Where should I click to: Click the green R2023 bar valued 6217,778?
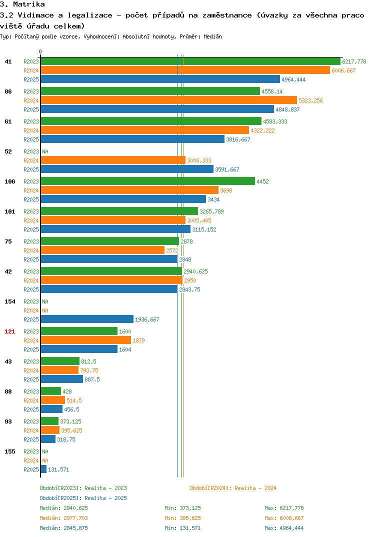[191, 61]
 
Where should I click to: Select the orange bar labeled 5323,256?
[169, 100]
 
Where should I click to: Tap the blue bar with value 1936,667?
[87, 319]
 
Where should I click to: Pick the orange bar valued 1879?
[86, 340]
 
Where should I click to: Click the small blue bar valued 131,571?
[44, 469]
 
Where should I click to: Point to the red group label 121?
[10, 331]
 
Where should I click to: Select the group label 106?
[10, 181]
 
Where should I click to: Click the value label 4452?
[262, 181]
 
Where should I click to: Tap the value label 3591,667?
[227, 169]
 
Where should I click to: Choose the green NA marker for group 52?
[45, 151]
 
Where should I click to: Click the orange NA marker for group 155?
[45, 460]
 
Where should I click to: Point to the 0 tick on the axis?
[40, 51]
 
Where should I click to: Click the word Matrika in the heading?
[29, 4]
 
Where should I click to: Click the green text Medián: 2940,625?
[63, 508]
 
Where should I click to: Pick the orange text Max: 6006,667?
[284, 518]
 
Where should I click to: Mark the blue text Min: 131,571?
[182, 528]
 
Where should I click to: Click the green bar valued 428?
[51, 391]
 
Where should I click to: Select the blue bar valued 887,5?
[62, 379]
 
